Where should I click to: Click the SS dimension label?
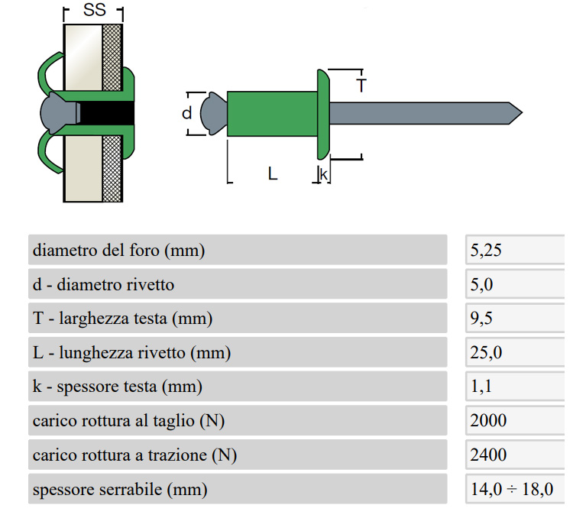point(95,10)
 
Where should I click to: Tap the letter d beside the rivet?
point(187,113)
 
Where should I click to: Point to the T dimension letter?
point(361,86)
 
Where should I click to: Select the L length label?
point(273,173)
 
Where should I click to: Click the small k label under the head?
point(324,174)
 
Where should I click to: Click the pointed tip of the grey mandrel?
point(522,112)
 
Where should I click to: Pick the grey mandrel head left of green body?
point(213,113)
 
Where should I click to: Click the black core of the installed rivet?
point(106,112)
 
